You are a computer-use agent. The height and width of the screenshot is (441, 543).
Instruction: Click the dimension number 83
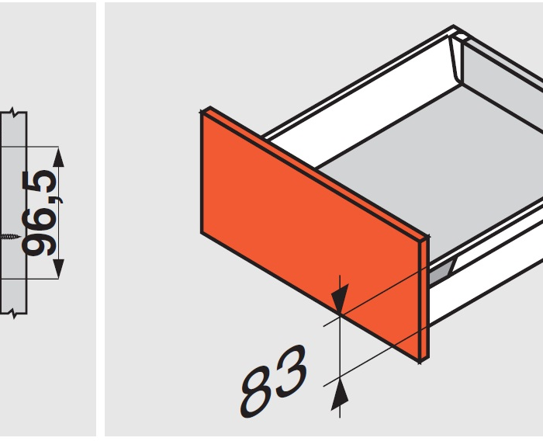[x=274, y=380]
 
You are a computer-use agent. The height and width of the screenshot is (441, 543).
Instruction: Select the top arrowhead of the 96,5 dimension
[x=58, y=157]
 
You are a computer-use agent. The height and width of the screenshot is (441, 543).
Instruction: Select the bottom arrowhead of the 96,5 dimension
[x=58, y=269]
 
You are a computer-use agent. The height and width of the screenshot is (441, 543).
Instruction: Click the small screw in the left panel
[x=9, y=237]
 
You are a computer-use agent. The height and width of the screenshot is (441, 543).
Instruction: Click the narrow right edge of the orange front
[x=424, y=299]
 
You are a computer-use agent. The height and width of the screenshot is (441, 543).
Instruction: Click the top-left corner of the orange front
[x=201, y=113]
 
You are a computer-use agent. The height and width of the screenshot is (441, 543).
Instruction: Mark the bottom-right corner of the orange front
[x=420, y=363]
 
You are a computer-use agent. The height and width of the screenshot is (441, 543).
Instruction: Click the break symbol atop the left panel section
[x=13, y=112]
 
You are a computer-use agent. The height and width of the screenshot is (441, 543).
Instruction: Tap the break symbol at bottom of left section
[x=13, y=314]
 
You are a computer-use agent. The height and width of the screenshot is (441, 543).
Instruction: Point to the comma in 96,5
[x=60, y=200]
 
